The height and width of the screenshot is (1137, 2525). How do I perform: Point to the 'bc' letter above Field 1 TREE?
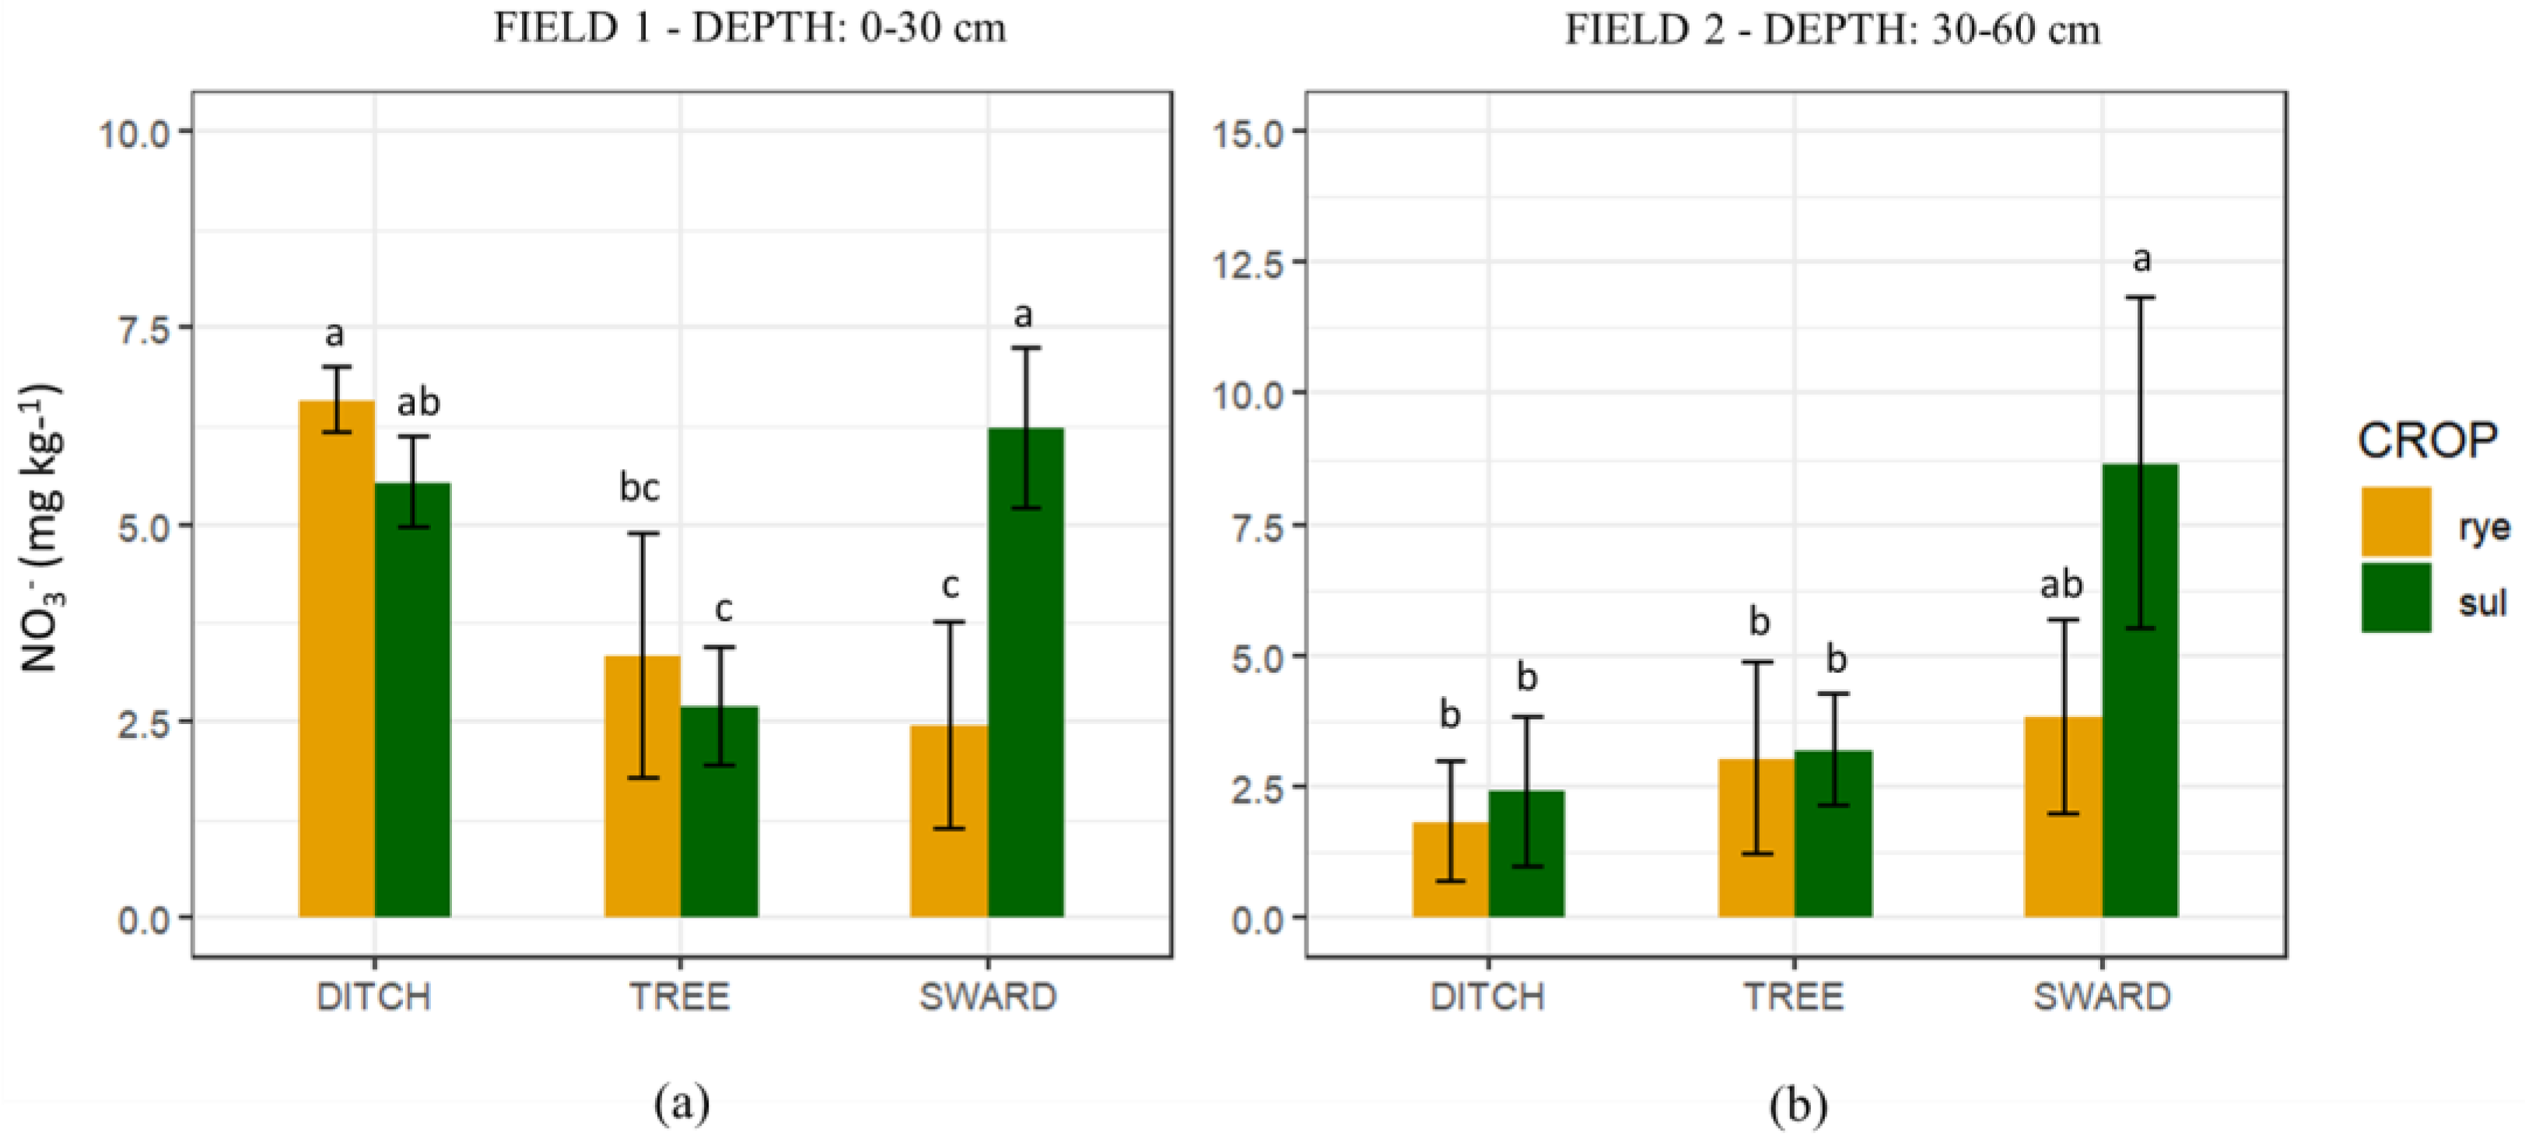tap(640, 487)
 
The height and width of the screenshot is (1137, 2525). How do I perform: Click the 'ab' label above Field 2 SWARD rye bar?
tap(2061, 585)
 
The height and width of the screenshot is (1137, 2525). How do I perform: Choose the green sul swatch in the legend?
tap(2394, 597)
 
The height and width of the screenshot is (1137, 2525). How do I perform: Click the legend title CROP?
tap(2427, 441)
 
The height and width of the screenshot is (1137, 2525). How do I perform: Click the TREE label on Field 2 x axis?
tap(1794, 997)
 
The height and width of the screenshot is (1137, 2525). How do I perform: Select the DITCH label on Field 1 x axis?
tap(373, 997)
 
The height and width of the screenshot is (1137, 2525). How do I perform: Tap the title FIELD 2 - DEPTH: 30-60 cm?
tap(1832, 30)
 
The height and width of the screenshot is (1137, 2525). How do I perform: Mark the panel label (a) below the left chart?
tap(681, 1104)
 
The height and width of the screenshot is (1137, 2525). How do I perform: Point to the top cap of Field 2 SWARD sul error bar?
tap(2140, 297)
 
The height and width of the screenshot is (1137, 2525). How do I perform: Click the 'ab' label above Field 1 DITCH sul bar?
tap(418, 402)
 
